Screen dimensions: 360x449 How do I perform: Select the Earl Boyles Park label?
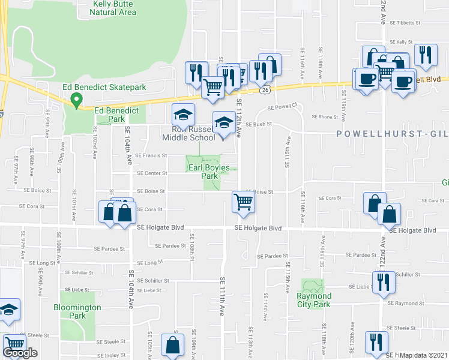click(x=209, y=172)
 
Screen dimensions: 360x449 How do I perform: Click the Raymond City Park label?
click(x=313, y=300)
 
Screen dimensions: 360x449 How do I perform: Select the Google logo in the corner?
click(x=20, y=352)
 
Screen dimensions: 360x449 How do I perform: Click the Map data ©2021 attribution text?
click(x=424, y=355)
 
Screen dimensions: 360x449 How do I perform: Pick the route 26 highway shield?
click(x=265, y=89)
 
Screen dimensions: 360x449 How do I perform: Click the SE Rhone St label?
click(x=325, y=117)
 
